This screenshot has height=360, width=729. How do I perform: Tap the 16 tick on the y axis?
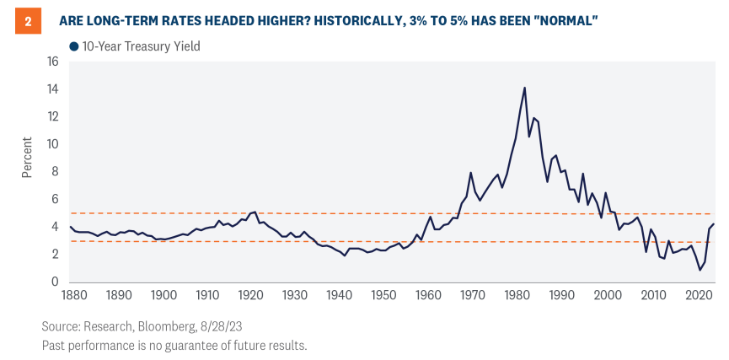point(52,62)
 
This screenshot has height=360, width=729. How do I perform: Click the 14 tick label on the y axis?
point(52,89)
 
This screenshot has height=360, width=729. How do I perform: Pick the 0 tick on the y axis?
point(56,282)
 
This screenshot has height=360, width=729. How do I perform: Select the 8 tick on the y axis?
point(56,171)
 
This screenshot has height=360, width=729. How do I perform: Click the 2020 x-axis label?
point(696,295)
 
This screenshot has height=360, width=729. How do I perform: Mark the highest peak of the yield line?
point(524,88)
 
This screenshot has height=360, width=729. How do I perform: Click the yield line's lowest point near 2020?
point(700,270)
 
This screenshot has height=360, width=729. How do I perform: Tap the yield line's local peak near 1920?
point(255,212)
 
